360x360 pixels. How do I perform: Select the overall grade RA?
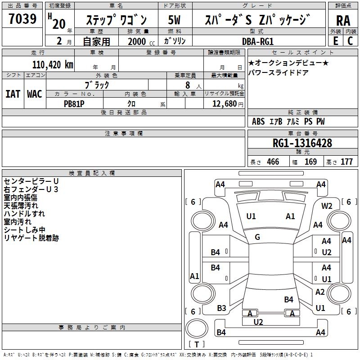pos(343,20)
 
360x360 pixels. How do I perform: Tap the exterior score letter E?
pos(335,40)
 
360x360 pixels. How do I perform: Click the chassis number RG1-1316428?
pos(302,144)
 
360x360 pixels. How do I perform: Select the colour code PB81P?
pos(74,103)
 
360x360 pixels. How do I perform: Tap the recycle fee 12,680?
pos(224,103)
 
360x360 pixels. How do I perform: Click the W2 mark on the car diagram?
pos(327,206)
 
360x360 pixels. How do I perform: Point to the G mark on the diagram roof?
pos(257,237)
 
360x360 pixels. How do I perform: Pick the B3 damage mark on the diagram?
pos(221,308)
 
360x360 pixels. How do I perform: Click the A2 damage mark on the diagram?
pos(320,292)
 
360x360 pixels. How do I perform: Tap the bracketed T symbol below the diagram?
pos(197,345)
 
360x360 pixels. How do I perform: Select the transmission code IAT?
pos(13,94)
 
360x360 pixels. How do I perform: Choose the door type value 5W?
pos(175,20)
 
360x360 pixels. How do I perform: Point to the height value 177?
pos(346,162)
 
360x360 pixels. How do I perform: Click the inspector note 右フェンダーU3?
pos(31,189)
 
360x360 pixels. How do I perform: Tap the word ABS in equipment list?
pos(258,121)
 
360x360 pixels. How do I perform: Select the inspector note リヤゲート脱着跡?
pos(31,238)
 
